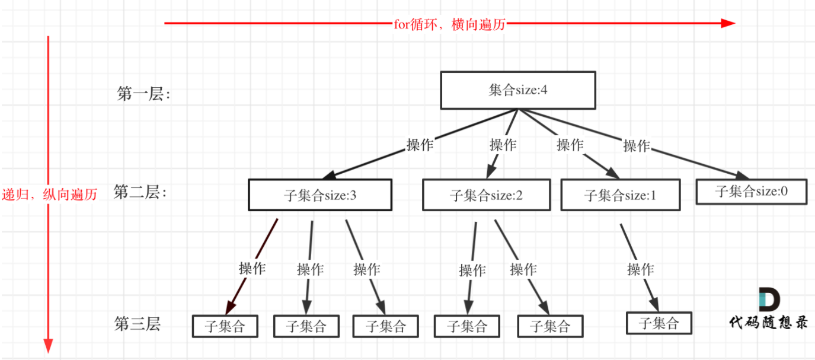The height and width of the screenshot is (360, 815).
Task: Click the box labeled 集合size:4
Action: coord(517,90)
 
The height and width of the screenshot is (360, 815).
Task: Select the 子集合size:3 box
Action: coord(320,195)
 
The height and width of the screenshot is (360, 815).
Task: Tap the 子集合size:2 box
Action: coord(486,195)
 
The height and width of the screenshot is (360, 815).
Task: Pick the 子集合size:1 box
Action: coord(621,195)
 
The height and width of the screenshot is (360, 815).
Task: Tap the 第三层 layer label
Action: coord(138,324)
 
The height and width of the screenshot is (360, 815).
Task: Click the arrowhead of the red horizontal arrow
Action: coord(728,24)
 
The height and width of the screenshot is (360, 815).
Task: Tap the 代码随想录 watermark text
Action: coord(768,322)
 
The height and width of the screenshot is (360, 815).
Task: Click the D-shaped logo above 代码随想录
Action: coord(769,300)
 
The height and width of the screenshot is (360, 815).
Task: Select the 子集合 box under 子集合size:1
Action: coord(659,323)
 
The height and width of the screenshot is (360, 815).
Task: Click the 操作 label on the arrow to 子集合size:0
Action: coord(637,145)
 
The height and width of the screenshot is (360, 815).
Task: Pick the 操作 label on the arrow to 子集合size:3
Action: coord(420,145)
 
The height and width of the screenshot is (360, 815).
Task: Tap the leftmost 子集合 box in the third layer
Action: coord(225,326)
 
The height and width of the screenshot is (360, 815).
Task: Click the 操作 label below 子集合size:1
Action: coord(641,269)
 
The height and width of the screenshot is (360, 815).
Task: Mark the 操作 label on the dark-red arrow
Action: coord(252,268)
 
